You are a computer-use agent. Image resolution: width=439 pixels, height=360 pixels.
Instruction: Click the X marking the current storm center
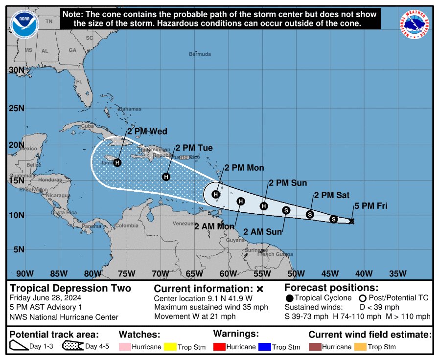coord(351,221)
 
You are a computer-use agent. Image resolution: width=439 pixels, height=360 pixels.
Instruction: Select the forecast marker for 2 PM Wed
coord(117,162)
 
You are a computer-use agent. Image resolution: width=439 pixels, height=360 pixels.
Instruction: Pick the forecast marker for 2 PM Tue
coord(166,177)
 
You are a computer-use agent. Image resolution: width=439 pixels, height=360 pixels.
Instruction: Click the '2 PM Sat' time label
coord(331,195)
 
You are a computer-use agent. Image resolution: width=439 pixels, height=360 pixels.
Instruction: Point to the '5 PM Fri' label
coord(370,206)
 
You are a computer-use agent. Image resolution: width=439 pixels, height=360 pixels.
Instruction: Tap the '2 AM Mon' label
coord(214,226)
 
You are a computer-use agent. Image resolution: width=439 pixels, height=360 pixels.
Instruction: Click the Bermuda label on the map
coord(200,54)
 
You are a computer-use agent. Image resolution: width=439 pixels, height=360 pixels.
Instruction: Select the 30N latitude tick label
coord(16,70)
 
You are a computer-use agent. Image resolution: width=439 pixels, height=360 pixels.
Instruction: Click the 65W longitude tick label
coord(194,273)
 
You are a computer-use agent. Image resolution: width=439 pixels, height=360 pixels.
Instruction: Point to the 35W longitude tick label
coord(397,273)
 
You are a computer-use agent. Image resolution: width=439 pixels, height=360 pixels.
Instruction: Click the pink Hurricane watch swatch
coord(127,346)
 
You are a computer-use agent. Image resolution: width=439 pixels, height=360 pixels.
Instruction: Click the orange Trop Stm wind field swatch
coord(360,346)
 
